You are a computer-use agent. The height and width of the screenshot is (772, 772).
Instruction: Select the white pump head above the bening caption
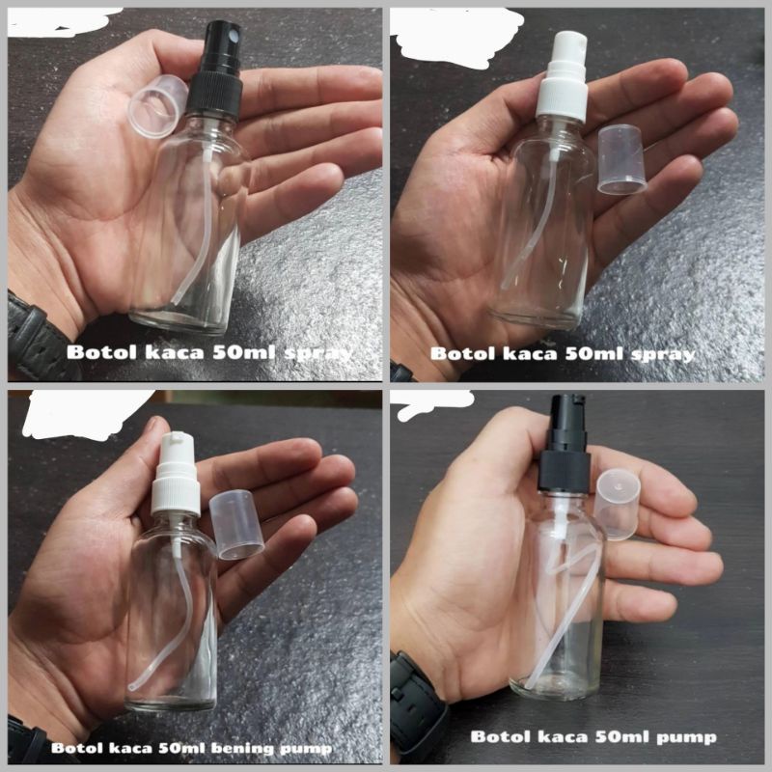click(x=175, y=479)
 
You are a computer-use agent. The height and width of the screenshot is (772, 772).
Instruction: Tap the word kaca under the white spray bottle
click(x=526, y=354)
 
